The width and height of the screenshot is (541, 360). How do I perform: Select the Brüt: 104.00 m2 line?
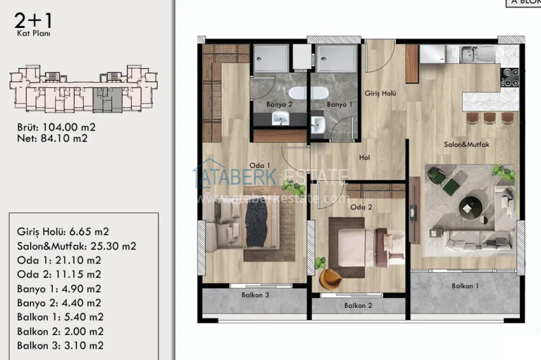56,127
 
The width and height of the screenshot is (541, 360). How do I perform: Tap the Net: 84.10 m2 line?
52,138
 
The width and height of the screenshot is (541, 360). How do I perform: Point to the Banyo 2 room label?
281,104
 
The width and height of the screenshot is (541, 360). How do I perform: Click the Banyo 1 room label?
339,104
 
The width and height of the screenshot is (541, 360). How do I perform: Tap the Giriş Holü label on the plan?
380,93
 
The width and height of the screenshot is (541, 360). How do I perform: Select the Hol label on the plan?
365,156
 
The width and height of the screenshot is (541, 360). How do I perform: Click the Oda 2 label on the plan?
360,207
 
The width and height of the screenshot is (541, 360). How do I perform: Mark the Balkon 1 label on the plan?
465,286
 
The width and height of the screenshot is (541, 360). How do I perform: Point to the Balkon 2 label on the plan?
358,305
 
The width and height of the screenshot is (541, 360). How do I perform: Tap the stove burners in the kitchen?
510,76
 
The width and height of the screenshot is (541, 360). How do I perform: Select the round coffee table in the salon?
472,205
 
